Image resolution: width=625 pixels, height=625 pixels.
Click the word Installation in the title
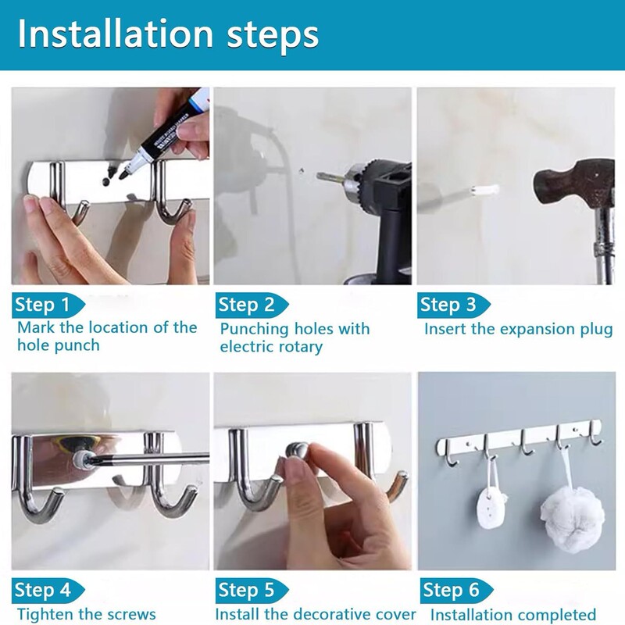coord(116,34)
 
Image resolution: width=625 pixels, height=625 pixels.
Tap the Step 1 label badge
coord(48,305)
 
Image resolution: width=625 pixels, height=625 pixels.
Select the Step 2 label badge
coord(252,305)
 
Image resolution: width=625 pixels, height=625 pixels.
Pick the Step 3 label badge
coord(454,305)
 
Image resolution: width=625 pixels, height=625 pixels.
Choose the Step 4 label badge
coord(48,590)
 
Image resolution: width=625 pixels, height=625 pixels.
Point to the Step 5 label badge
coord(252,590)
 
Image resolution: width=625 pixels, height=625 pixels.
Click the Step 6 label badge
coord(456,590)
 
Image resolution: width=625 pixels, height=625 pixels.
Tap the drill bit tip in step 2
coord(320,177)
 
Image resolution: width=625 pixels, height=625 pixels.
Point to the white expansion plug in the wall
coord(485,190)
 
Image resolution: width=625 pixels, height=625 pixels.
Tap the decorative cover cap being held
coord(297,451)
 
